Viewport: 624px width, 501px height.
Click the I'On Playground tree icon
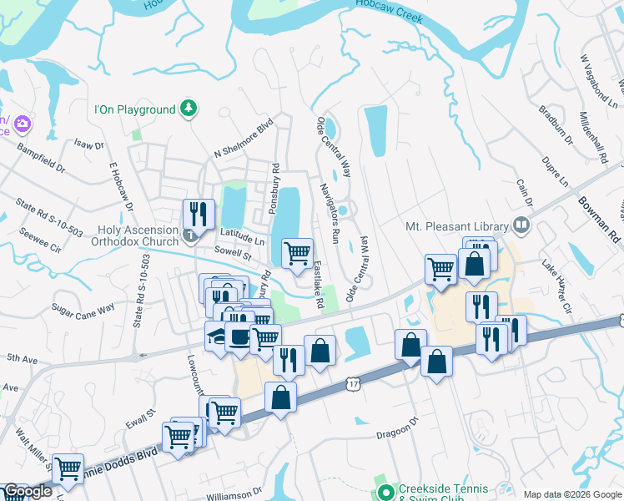(x=189, y=109)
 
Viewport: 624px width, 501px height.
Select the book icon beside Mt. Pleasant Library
(x=521, y=225)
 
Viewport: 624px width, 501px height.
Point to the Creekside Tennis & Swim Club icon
(x=385, y=490)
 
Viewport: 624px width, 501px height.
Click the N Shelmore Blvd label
(x=244, y=141)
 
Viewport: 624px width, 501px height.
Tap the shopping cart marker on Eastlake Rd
(x=298, y=252)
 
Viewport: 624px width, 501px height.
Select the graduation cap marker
(x=217, y=337)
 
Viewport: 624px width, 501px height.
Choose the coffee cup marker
(x=239, y=337)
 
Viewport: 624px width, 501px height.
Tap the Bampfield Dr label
(x=40, y=158)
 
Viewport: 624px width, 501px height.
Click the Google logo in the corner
(x=27, y=491)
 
